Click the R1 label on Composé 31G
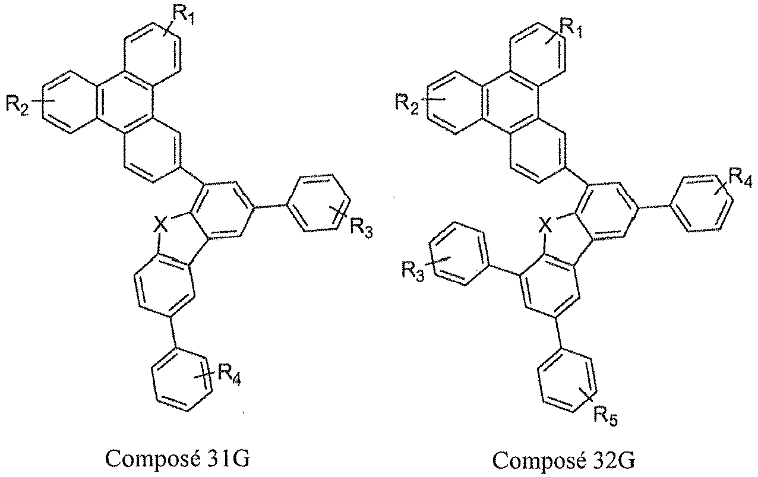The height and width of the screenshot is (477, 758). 184,14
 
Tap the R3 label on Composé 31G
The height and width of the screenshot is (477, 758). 361,228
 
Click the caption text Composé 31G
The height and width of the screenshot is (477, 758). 178,459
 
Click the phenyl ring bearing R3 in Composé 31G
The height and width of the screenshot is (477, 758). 318,203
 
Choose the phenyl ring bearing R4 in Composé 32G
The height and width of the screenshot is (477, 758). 702,203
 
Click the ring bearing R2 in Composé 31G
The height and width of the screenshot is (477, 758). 70,102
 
